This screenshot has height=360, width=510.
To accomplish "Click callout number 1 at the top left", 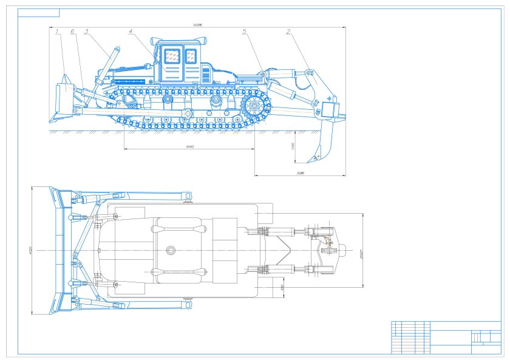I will pos(56,32).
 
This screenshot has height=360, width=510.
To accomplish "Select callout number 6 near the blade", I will pos(72,32).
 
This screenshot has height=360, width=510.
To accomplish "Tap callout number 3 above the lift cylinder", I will pos(87,32).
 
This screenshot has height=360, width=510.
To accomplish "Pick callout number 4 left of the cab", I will pos(131,32).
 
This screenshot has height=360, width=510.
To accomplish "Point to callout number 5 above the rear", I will pos(244,32).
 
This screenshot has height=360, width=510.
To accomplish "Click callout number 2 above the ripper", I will pos(288,32).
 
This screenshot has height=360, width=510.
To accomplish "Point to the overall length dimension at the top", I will pos(196,25).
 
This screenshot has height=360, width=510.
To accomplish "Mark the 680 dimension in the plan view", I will pos(284,286).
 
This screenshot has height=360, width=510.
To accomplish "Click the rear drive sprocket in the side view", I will pos(256,109).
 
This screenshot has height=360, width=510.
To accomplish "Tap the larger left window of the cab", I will pos(172,57).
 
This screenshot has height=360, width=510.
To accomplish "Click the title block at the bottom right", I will pos(446,337).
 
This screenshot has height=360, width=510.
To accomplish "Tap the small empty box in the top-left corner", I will pos(39,13).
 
